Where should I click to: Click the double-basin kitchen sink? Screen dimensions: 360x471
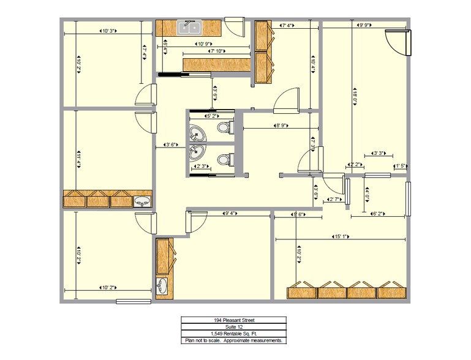click(x=190, y=27)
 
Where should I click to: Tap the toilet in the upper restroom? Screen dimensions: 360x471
click(x=224, y=127)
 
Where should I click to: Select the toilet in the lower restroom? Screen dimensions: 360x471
click(x=224, y=160)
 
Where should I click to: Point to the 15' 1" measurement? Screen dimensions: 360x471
click(x=341, y=237)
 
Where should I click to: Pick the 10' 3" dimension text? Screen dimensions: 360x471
click(x=108, y=30)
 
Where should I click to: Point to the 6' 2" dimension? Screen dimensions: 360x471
click(x=377, y=214)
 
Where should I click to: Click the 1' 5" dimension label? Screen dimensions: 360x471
click(x=401, y=165)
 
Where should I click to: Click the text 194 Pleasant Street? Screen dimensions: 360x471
click(x=234, y=320)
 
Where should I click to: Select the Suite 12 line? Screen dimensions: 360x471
click(x=234, y=327)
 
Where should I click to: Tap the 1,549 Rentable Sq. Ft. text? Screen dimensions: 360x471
click(x=234, y=334)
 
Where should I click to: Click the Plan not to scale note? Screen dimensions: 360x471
click(x=234, y=340)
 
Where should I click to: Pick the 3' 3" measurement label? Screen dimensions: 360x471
click(x=378, y=154)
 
